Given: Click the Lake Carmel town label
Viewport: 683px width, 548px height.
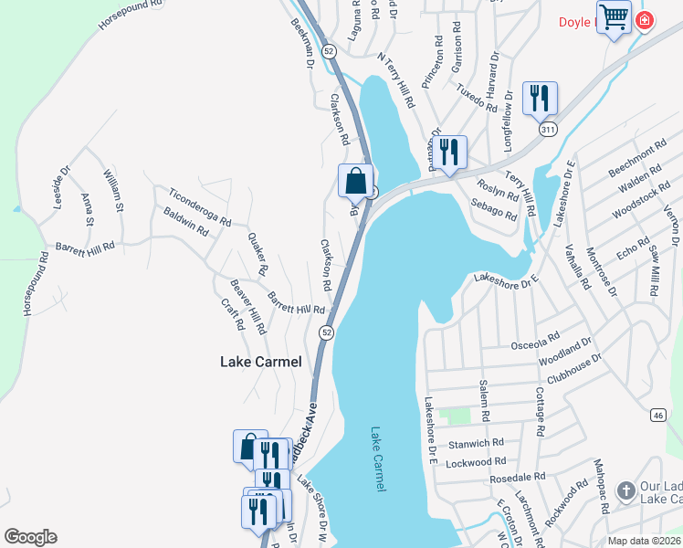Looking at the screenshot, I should [x=260, y=362].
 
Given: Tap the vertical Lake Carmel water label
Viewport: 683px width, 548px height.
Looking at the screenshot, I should [x=377, y=459].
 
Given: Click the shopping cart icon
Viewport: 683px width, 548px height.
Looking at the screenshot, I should [x=615, y=16].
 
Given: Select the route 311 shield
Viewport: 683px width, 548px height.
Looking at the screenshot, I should [x=547, y=131].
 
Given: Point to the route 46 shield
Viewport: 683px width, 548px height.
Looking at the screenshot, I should [x=657, y=415].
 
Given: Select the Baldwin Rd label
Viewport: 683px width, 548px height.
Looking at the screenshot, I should [x=185, y=224].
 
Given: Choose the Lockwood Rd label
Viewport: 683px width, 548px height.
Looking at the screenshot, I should [x=478, y=464].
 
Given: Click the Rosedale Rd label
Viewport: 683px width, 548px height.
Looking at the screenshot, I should [x=517, y=477].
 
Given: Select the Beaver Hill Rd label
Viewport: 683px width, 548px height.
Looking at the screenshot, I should [x=247, y=307].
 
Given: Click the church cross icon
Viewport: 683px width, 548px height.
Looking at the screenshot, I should [x=625, y=490].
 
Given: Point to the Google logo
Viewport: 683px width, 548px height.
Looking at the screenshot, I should [x=30, y=537].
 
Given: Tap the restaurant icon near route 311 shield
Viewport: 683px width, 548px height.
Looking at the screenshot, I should [x=540, y=98].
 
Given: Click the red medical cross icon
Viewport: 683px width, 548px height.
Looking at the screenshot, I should [x=645, y=18].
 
